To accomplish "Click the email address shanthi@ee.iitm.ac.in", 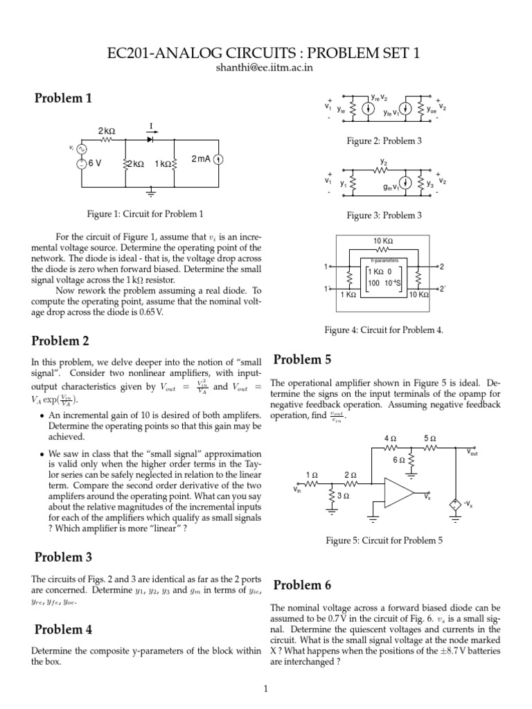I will click(x=266, y=67).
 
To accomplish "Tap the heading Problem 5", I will click(x=303, y=359).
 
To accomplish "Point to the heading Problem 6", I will click(x=303, y=585).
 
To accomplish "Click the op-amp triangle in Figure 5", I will click(x=397, y=494).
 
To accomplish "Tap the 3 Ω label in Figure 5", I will click(x=342, y=496).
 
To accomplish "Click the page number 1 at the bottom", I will click(x=266, y=688).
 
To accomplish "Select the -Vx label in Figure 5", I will click(x=469, y=504).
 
